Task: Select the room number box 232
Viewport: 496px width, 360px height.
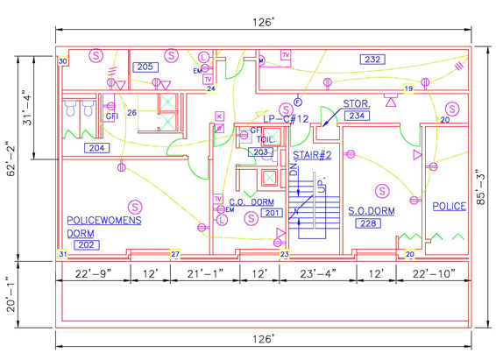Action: click(372, 59)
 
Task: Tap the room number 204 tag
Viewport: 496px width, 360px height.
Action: click(97, 148)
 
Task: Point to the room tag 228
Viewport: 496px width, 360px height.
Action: click(368, 224)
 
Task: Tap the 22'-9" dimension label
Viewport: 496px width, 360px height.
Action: click(93, 273)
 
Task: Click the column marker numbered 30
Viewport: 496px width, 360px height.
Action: click(62, 61)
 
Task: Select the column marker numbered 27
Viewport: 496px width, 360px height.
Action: click(174, 255)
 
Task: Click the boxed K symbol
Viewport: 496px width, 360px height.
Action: click(219, 116)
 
